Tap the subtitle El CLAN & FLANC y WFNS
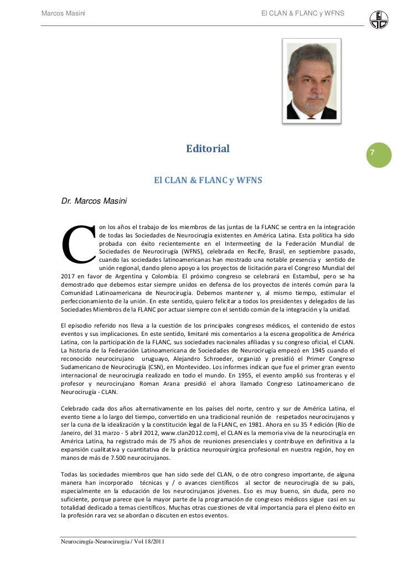click(x=208, y=181)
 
